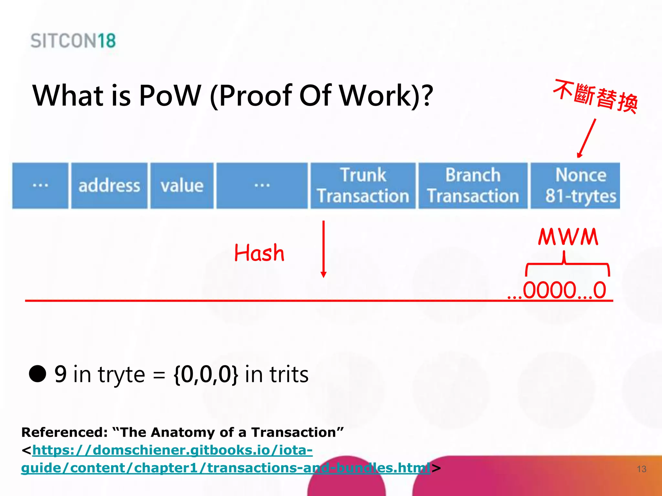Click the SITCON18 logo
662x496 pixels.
tap(73, 41)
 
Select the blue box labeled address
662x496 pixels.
tap(109, 186)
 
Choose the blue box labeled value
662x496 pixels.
tap(182, 186)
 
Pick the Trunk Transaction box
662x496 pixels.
tap(363, 186)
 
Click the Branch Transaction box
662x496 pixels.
tap(473, 186)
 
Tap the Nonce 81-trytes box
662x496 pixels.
tap(575, 186)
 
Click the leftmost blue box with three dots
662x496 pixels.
tap(40, 186)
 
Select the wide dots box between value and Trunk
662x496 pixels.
tap(262, 186)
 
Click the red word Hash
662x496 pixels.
tap(259, 253)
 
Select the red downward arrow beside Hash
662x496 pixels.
tap(323, 249)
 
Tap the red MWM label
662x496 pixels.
tap(568, 237)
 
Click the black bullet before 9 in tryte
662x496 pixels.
tap(38, 374)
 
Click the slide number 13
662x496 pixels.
tap(641, 469)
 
